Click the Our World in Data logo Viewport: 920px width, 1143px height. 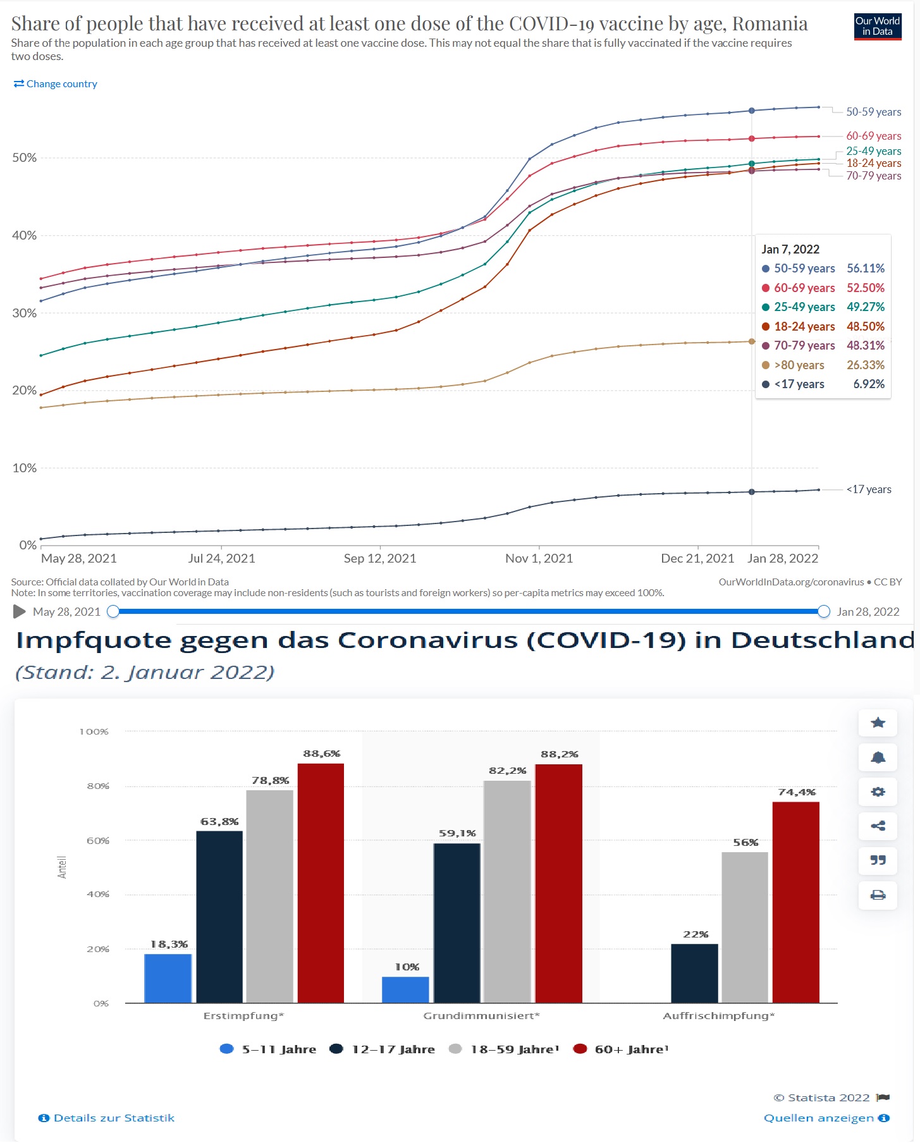click(x=878, y=27)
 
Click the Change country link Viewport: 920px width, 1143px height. click(x=56, y=84)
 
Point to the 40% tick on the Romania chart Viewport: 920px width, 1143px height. click(x=25, y=235)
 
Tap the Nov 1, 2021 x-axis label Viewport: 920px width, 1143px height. click(x=539, y=558)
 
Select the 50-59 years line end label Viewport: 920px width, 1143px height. click(x=873, y=112)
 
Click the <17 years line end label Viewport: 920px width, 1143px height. click(x=869, y=489)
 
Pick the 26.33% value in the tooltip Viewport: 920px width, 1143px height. click(x=866, y=365)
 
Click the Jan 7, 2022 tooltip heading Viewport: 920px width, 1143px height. click(x=790, y=249)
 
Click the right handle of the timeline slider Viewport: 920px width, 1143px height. click(x=823, y=611)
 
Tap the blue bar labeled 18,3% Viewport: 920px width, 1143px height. click(x=168, y=978)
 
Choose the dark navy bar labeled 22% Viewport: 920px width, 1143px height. click(x=694, y=973)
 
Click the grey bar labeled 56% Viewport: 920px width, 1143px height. click(x=745, y=927)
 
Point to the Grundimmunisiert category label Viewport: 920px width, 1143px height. click(x=481, y=1016)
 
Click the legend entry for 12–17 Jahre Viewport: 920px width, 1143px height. click(x=383, y=1049)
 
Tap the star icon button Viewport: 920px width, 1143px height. click(x=878, y=723)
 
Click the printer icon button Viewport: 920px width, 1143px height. click(x=878, y=895)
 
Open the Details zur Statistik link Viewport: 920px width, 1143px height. click(x=107, y=1118)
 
